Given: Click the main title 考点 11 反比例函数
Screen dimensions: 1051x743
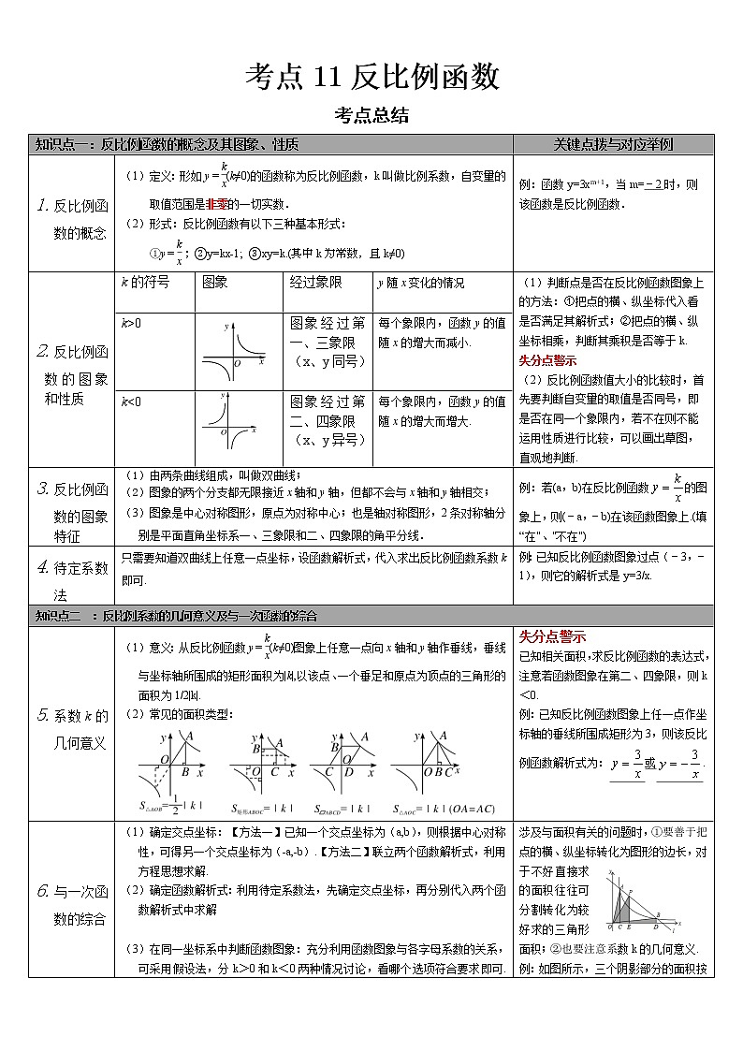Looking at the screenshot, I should (x=371, y=77).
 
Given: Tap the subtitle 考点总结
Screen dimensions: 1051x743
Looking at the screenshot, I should (x=371, y=116).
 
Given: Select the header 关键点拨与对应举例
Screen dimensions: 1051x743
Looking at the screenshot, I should (x=613, y=145).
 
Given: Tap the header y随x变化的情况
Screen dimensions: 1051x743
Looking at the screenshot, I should (x=419, y=283).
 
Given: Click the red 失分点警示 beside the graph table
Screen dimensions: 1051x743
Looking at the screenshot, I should (x=547, y=360).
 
